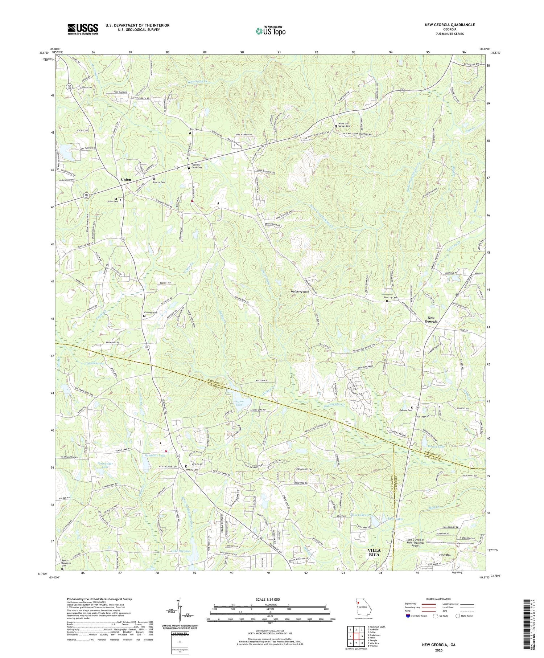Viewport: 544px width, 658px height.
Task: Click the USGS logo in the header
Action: point(83,29)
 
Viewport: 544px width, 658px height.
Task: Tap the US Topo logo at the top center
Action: point(270,30)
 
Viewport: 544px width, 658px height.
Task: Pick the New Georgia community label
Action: point(429,319)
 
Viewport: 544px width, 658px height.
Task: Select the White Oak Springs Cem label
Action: point(344,124)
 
